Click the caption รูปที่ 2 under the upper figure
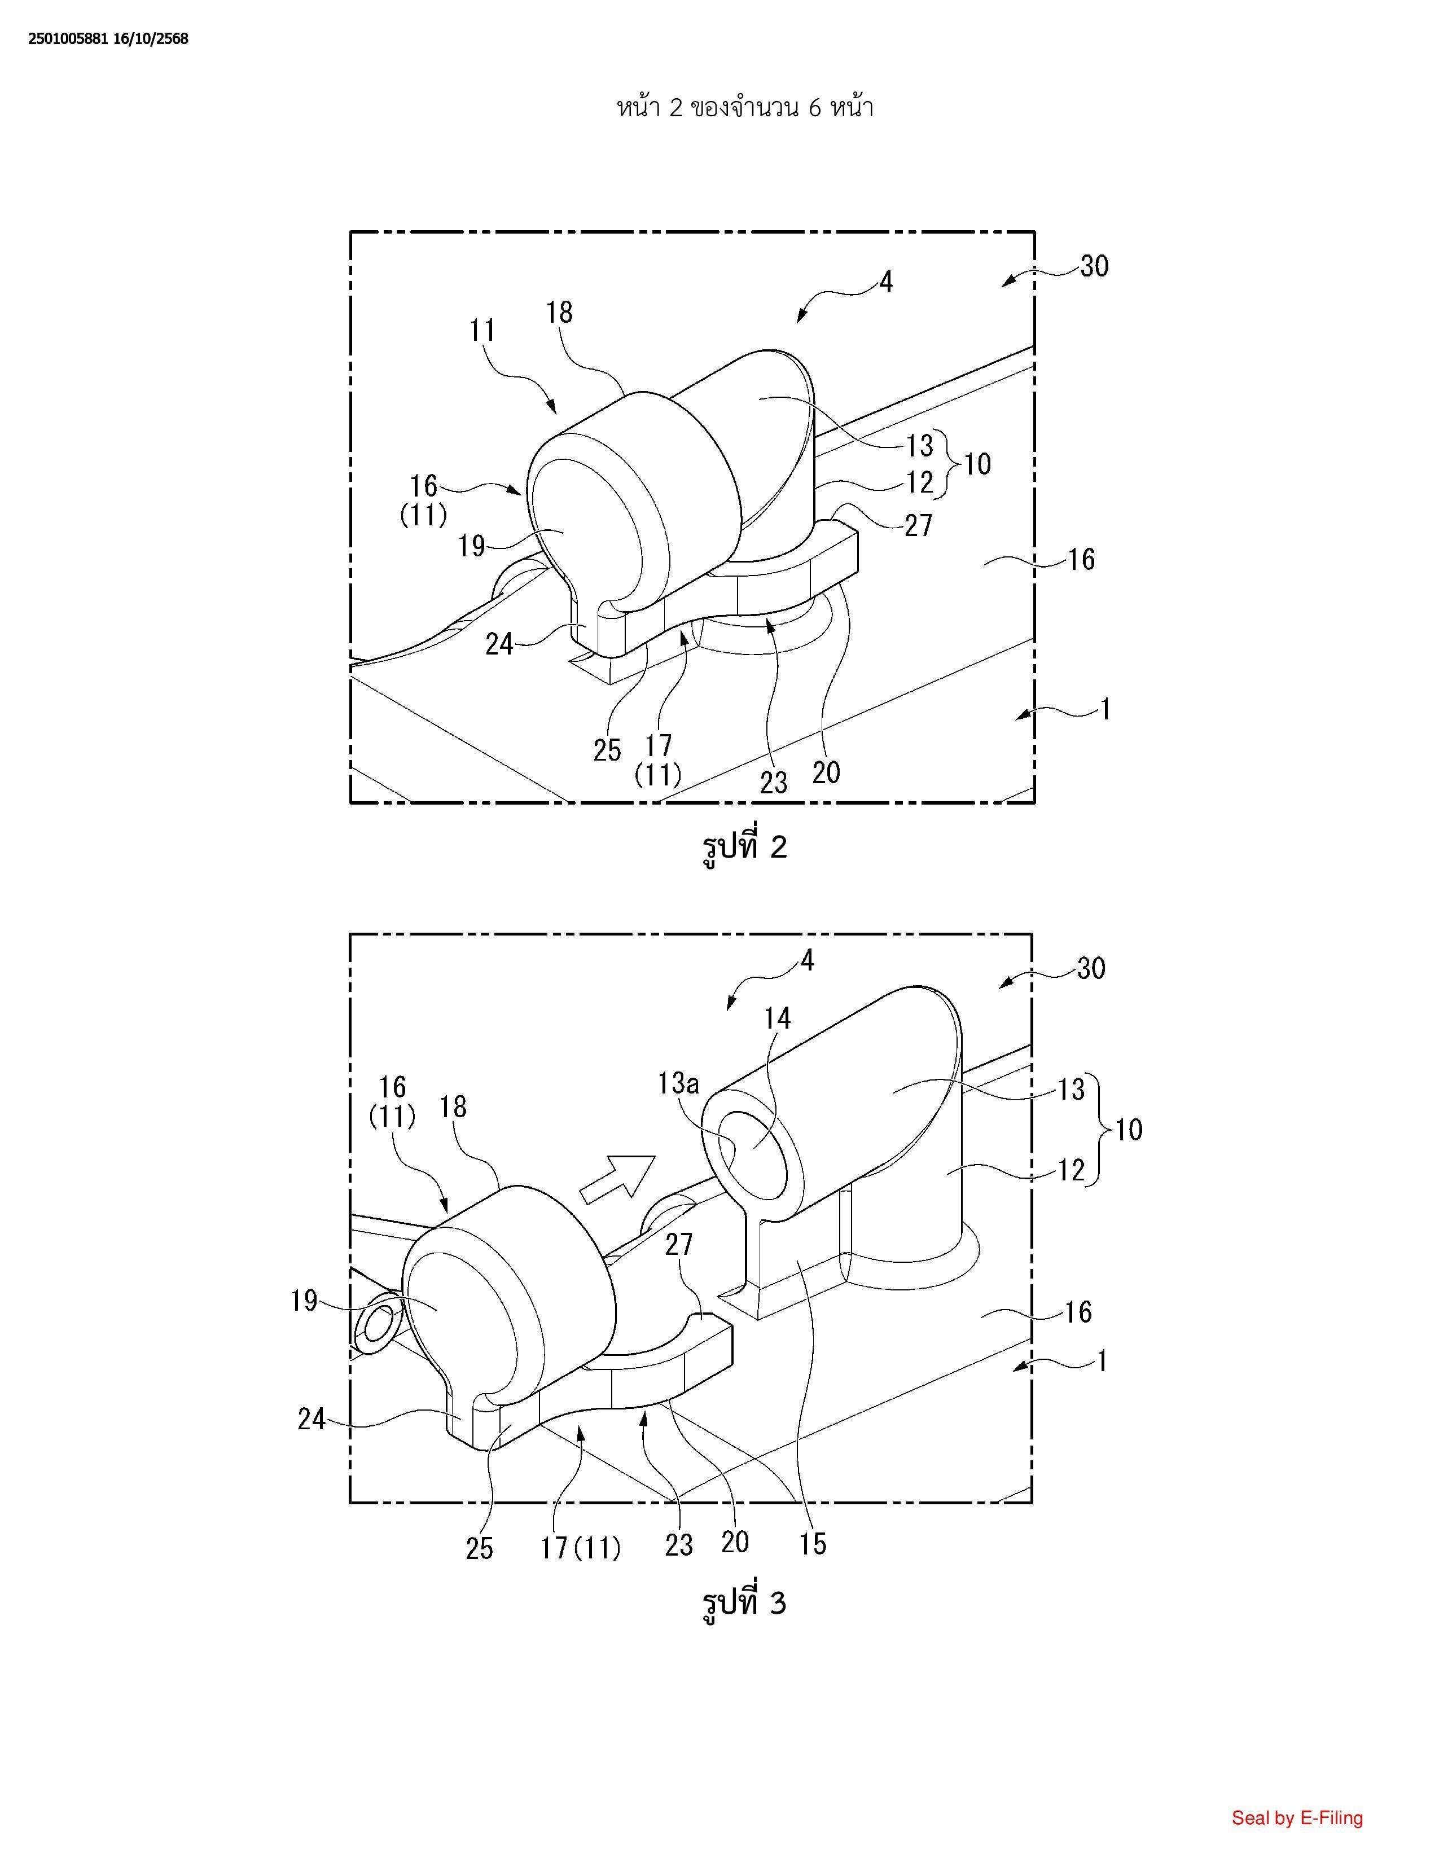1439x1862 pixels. [743, 846]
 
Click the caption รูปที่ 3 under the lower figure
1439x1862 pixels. [743, 1604]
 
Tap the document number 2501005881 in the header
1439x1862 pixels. [68, 38]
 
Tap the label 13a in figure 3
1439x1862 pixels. [678, 1083]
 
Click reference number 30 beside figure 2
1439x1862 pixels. [1095, 267]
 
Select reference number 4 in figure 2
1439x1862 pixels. [886, 282]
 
